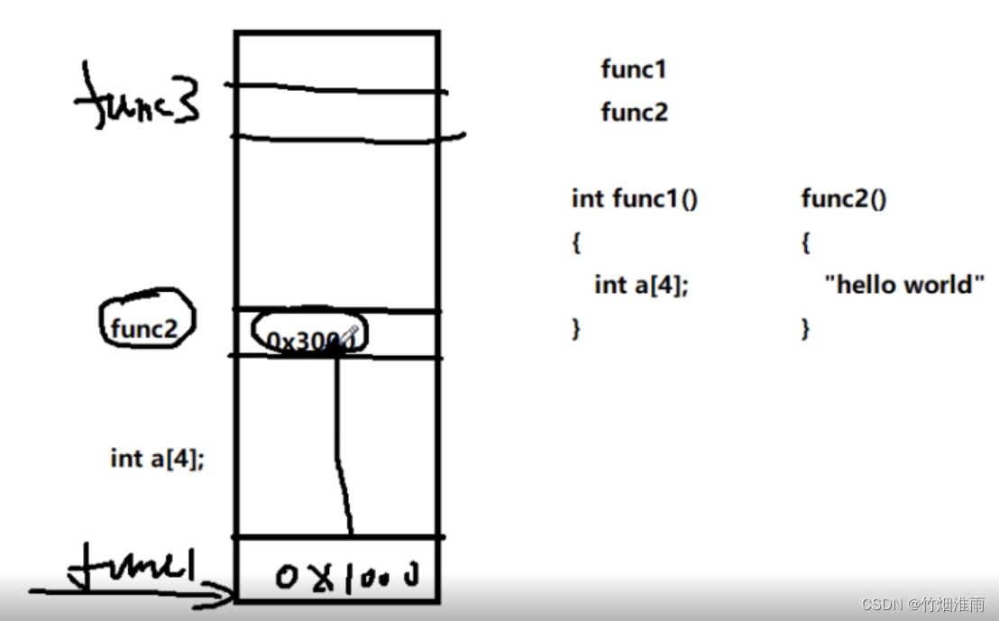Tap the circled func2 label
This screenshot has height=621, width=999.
[145, 329]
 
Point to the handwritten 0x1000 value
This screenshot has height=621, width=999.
[348, 574]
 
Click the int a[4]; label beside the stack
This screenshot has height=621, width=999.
[157, 458]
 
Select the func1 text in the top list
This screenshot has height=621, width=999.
[633, 69]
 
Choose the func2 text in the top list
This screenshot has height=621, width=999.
[634, 113]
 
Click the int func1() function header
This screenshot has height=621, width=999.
[635, 198]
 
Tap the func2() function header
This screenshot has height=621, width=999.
[843, 198]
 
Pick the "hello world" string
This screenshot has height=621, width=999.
[903, 285]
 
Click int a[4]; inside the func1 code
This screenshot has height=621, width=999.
[641, 285]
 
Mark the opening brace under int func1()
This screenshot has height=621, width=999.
[576, 242]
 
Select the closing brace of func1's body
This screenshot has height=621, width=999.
[576, 329]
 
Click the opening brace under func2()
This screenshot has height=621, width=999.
[805, 242]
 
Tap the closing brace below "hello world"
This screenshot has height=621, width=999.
[805, 329]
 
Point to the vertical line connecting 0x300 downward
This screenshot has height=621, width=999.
[339, 433]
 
